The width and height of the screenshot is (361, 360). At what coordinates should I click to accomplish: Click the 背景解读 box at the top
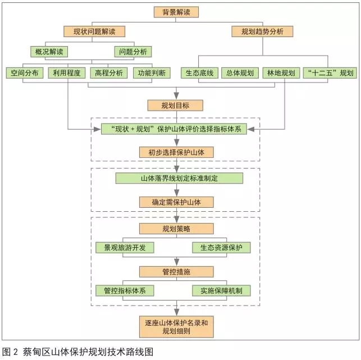coord(176,12)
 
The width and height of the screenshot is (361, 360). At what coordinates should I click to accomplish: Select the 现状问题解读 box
coord(94,31)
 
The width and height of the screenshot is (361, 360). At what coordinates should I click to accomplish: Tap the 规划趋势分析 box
coord(262,31)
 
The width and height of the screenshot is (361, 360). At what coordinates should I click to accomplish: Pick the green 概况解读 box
coord(49,52)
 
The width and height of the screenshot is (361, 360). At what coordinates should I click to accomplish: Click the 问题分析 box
coord(133,52)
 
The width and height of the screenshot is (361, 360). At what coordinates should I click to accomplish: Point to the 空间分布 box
coord(25,73)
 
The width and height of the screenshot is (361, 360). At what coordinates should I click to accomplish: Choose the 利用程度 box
coord(67,73)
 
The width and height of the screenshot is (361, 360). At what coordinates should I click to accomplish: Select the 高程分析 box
coord(109,73)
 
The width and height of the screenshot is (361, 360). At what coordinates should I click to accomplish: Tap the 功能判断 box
coord(152,73)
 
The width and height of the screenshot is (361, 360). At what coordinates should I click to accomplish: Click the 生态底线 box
coord(200,73)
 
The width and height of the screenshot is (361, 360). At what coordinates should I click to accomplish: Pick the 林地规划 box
coord(281,73)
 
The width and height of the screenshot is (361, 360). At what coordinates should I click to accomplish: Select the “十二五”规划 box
coord(330,73)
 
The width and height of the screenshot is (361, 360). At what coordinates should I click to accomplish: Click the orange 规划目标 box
coord(175,106)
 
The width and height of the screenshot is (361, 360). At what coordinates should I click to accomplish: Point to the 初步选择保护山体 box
coord(176,152)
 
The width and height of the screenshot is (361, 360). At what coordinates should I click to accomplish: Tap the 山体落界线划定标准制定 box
coord(179,178)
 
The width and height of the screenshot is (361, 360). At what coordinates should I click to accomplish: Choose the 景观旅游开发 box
coord(125,248)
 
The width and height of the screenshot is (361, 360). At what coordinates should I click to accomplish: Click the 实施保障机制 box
coord(221,291)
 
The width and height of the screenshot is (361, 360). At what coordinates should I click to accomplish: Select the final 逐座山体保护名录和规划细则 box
coord(176,327)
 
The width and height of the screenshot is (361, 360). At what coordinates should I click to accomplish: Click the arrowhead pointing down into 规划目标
coord(176,95)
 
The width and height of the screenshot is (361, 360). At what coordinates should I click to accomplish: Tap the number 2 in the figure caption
coord(15,352)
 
